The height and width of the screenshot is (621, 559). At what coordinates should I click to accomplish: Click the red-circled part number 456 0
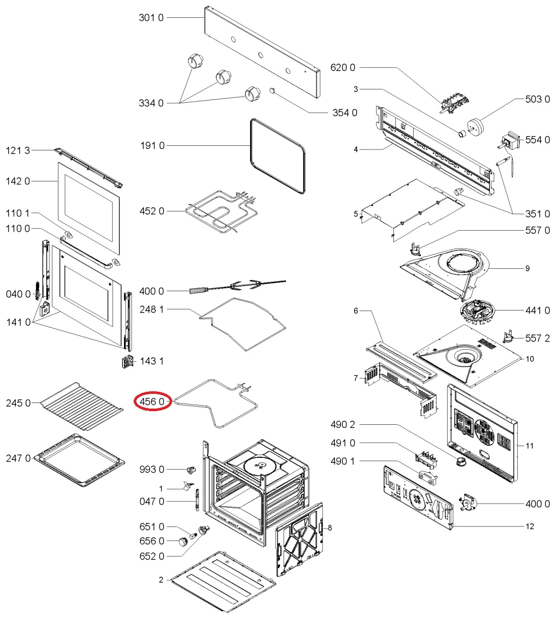152,401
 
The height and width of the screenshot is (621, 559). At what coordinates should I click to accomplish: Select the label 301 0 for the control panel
151,18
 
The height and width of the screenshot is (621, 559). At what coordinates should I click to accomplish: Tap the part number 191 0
152,146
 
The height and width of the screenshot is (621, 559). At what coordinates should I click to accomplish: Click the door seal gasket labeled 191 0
278,156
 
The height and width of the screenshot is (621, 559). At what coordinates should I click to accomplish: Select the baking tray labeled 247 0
80,459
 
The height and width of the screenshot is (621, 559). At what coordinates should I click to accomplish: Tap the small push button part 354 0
273,90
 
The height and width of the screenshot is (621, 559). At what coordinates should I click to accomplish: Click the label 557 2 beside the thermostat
537,338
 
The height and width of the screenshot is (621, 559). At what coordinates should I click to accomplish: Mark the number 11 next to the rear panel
530,446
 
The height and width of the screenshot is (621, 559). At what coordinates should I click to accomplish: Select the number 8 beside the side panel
329,527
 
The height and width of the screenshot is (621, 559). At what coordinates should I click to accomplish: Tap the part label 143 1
151,361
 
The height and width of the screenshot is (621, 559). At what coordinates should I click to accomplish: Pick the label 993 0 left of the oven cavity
152,469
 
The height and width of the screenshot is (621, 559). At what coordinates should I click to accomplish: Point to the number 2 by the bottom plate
161,579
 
